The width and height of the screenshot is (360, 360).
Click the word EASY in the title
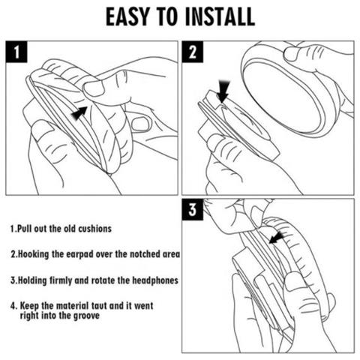click(127, 17)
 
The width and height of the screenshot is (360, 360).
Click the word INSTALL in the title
click(220, 17)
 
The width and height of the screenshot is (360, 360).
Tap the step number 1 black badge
click(16, 52)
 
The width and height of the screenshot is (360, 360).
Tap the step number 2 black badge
click(193, 52)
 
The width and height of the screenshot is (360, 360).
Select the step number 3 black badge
click(193, 209)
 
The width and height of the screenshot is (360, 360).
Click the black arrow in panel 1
click(79, 113)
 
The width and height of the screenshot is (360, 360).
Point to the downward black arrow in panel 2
click(223, 91)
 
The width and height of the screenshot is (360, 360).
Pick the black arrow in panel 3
click(277, 238)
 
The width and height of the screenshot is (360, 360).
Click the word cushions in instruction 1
click(95, 229)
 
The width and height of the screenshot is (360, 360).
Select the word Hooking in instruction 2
click(34, 254)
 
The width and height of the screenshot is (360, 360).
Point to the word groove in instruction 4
click(86, 316)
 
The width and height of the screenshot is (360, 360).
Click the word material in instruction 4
click(72, 306)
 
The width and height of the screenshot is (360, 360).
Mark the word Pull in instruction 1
click(25, 229)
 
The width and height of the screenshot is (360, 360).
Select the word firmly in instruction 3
click(61, 280)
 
